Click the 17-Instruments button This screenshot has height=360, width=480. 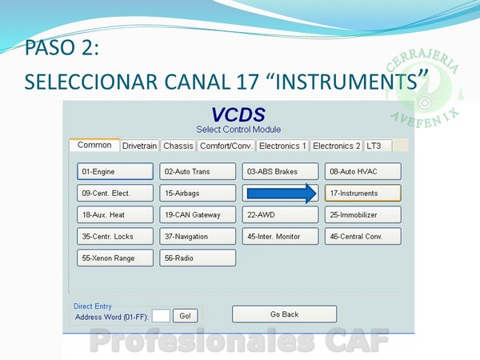(362, 193)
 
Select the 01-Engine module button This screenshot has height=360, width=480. (115, 171)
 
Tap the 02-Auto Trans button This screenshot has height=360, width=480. (198, 171)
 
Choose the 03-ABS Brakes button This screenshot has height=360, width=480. (281, 171)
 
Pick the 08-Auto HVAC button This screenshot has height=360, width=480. (362, 171)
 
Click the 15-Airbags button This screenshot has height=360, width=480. (198, 193)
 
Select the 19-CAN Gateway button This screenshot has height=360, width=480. (198, 215)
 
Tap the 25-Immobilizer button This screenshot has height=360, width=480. (362, 215)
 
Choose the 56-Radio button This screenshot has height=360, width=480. (198, 258)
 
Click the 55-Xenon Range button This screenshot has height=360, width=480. (115, 258)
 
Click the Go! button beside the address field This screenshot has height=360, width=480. (186, 316)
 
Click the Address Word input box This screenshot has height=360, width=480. (161, 316)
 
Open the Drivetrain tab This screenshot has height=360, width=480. (139, 146)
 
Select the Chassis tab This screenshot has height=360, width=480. (178, 146)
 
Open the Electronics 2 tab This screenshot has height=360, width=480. (337, 146)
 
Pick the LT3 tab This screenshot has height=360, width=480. (378, 146)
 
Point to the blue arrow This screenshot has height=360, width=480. (282, 194)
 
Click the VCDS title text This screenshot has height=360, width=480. (238, 114)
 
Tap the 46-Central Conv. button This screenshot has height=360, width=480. (362, 236)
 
